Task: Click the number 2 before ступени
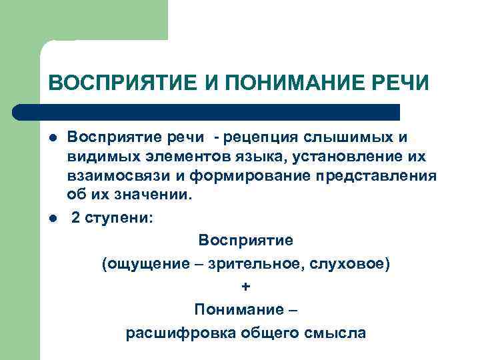coord(76,219)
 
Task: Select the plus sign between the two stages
coord(246,286)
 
